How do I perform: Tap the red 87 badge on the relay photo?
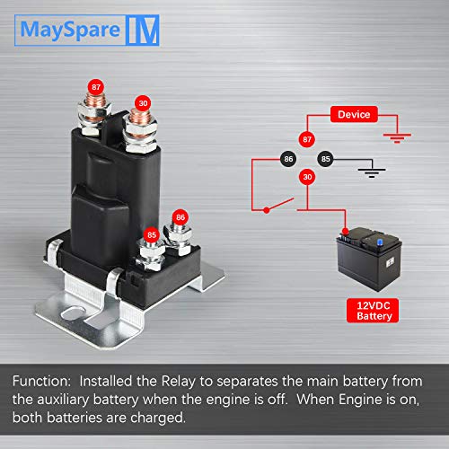point(95,87)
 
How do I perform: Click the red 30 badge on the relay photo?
point(141,102)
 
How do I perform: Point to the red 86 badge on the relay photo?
point(180,217)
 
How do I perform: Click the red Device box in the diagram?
point(353,115)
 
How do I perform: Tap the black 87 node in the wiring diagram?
point(306,139)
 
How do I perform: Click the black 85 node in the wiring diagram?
point(324,158)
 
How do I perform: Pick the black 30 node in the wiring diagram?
point(306,177)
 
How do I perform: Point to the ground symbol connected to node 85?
point(366,171)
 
